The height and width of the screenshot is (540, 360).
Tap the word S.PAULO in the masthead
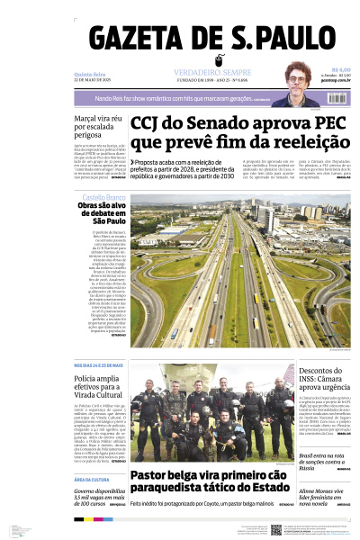282,40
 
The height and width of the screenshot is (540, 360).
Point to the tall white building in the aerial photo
267,216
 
